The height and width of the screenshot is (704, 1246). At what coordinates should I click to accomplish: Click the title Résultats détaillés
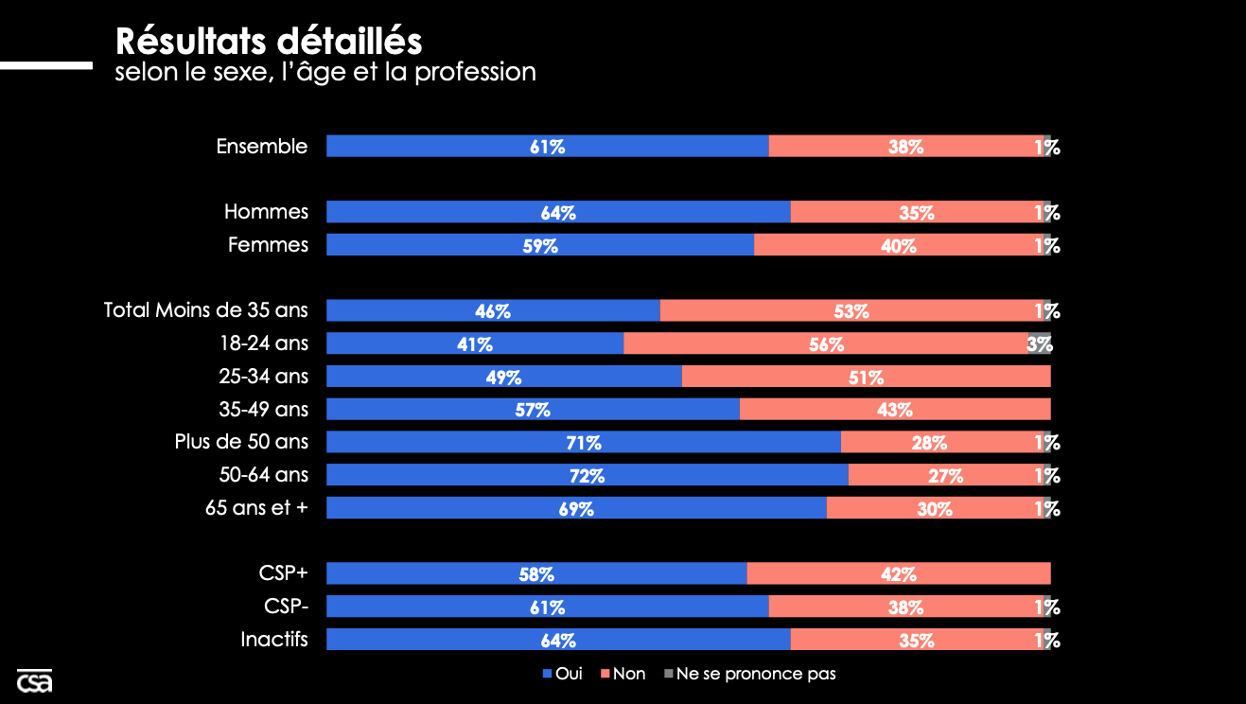(269, 42)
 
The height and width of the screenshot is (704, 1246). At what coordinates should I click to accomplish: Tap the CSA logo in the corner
(34, 680)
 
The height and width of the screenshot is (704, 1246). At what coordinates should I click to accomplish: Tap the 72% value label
(587, 475)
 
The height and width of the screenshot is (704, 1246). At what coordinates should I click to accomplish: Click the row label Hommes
(266, 212)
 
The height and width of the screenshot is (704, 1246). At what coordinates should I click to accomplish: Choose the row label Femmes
(268, 245)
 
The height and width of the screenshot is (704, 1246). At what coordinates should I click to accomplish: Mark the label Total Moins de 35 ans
(205, 310)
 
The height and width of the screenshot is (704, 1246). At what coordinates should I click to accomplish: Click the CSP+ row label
(283, 573)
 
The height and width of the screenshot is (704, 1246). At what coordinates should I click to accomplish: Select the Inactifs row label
(274, 639)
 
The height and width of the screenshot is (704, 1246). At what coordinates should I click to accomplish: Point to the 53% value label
(851, 311)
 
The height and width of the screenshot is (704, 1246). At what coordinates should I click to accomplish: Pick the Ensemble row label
(261, 147)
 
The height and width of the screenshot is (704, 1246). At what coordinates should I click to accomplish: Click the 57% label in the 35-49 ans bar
(533, 410)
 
